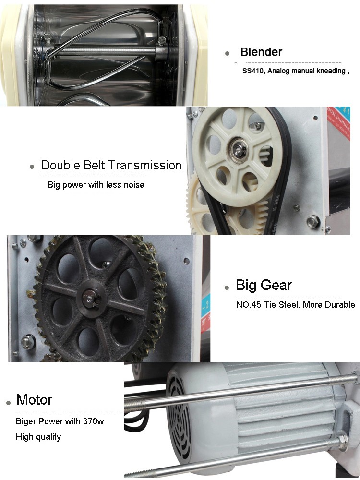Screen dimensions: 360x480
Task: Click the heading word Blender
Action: (261, 52)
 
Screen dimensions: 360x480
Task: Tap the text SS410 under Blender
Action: (254, 71)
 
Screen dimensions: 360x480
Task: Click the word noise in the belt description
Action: (134, 185)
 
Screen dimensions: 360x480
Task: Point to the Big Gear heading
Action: (264, 285)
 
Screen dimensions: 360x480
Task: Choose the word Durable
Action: (339, 305)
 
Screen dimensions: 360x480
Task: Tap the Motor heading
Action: (34, 399)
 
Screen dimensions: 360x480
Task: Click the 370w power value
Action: (94, 421)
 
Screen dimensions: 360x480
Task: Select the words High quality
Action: (38, 437)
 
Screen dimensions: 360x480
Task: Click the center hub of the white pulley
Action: (237, 150)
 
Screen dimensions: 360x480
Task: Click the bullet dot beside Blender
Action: (227, 53)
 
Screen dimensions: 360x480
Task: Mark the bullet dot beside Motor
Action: (8, 403)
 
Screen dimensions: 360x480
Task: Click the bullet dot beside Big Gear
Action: (227, 288)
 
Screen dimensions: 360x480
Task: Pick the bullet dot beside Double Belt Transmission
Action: (32, 167)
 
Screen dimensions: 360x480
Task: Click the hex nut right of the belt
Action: (313, 221)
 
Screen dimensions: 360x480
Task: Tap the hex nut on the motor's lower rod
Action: (343, 443)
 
